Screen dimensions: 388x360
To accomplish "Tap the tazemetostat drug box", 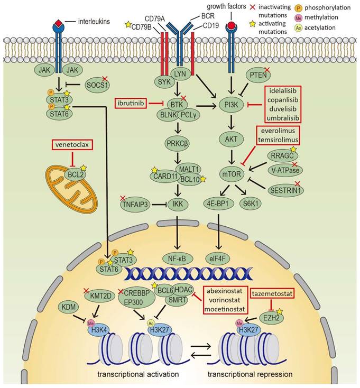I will (272, 292).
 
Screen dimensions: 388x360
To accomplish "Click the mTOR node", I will (231, 173).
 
